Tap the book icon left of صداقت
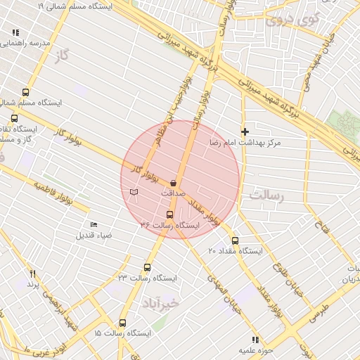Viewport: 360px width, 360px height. click(134, 192)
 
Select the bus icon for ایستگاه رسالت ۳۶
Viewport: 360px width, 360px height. click(169, 214)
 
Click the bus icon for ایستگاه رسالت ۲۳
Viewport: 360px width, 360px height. click(147, 267)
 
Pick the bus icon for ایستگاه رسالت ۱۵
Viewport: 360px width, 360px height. click(123, 323)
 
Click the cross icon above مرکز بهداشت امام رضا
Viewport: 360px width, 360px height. click(245, 131)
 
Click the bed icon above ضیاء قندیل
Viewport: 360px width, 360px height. click(94, 224)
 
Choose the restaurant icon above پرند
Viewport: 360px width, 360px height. click(32, 274)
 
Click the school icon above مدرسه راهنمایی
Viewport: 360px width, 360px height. click(16, 32)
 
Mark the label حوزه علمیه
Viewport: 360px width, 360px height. click(255, 349)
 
